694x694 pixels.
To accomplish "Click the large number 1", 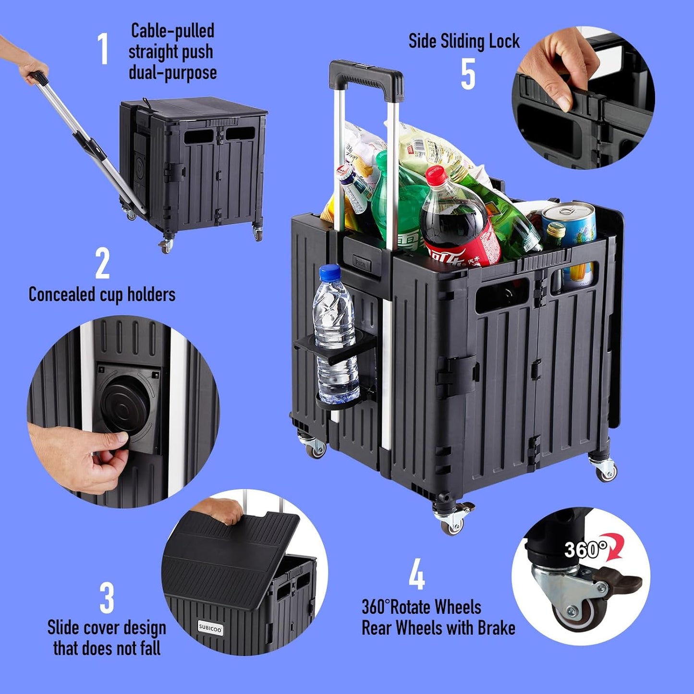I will [x=103, y=49].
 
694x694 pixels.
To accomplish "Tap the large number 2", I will [x=102, y=263].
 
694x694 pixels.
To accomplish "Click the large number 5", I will [x=468, y=74].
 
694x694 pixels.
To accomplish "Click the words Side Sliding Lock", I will [x=463, y=41].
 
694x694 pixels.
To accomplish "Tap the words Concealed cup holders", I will [x=102, y=294].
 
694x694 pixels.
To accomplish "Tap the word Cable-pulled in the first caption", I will [x=172, y=31].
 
